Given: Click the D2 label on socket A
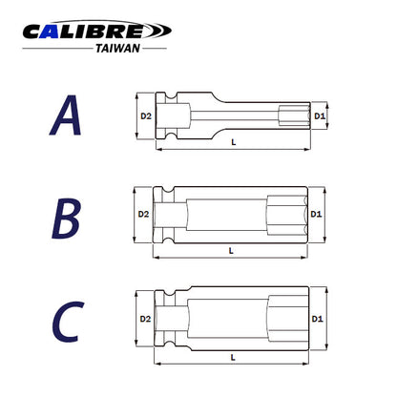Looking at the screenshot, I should pyautogui.click(x=146, y=115).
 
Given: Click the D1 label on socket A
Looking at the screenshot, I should pyautogui.click(x=321, y=116).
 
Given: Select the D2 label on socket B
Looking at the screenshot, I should pyautogui.click(x=143, y=215).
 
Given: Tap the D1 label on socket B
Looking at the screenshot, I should pyautogui.click(x=317, y=215).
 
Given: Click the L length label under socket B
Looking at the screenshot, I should pyautogui.click(x=231, y=250).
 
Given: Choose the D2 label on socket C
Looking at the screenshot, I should pyautogui.click(x=145, y=319).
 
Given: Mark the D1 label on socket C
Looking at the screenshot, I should pyautogui.click(x=318, y=319).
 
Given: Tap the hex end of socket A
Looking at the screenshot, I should pyautogui.click(x=298, y=116).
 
